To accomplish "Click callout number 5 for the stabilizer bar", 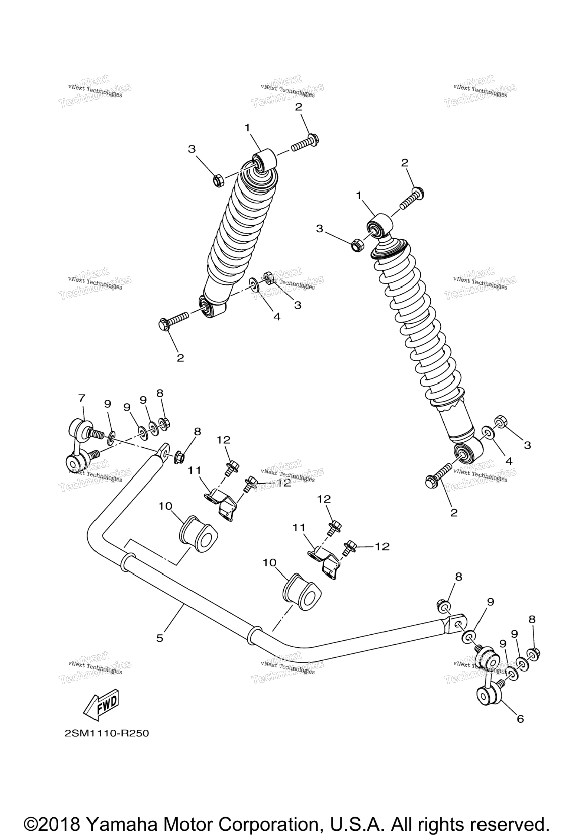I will [160, 638].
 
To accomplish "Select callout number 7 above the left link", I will [82, 398].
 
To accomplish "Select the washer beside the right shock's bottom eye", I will [487, 432].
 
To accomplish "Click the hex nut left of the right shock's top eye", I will [357, 245].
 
